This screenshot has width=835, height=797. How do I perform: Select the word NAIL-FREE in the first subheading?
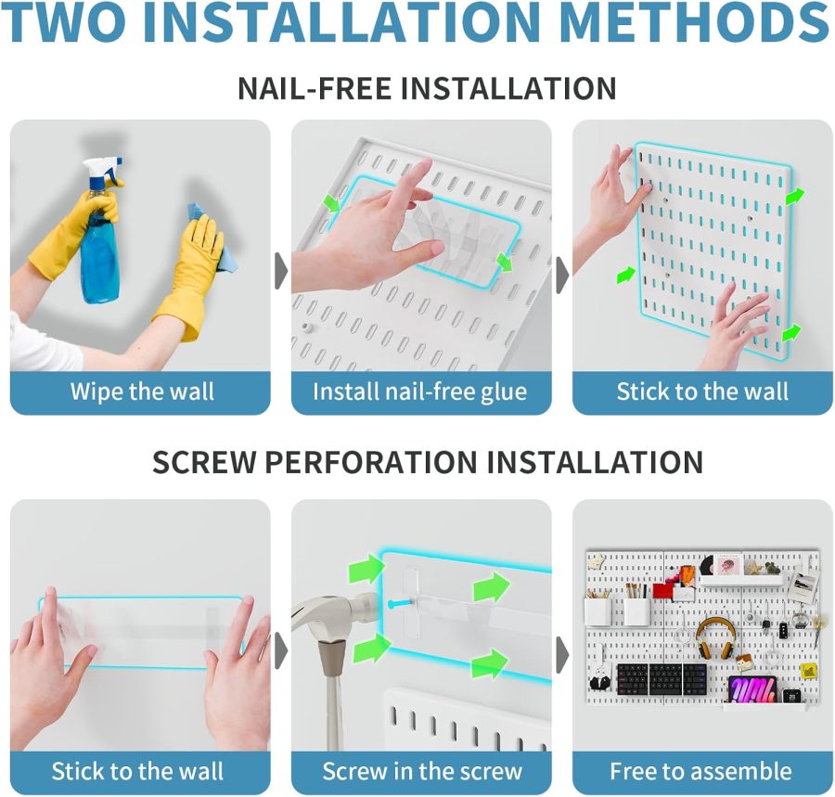(x=315, y=88)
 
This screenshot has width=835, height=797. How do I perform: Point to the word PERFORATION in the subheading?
(x=371, y=461)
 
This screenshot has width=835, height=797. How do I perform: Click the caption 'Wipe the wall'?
(x=142, y=392)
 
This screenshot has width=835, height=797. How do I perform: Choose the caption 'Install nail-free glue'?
(x=419, y=392)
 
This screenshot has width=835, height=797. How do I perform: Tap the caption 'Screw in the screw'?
(x=422, y=771)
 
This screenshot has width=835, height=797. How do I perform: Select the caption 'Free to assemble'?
(x=700, y=771)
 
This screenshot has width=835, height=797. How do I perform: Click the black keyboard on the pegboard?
(x=662, y=679)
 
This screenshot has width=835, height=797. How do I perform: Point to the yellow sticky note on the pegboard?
(x=809, y=671)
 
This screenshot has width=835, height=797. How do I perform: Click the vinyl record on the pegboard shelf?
(x=708, y=565)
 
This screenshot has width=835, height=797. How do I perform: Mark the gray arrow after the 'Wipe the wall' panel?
(x=281, y=271)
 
